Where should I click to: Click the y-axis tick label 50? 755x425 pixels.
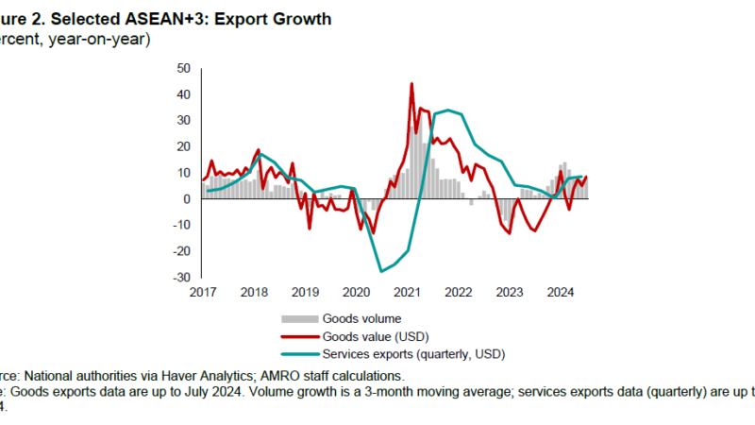pyautogui.click(x=183, y=69)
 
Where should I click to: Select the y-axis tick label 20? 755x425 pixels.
pyautogui.click(x=183, y=146)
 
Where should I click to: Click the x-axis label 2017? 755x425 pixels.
pyautogui.click(x=203, y=292)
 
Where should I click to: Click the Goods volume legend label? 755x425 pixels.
pyautogui.click(x=361, y=318)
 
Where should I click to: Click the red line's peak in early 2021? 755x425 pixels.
pyautogui.click(x=411, y=84)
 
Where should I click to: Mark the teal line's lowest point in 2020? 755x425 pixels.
pyautogui.click(x=382, y=271)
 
